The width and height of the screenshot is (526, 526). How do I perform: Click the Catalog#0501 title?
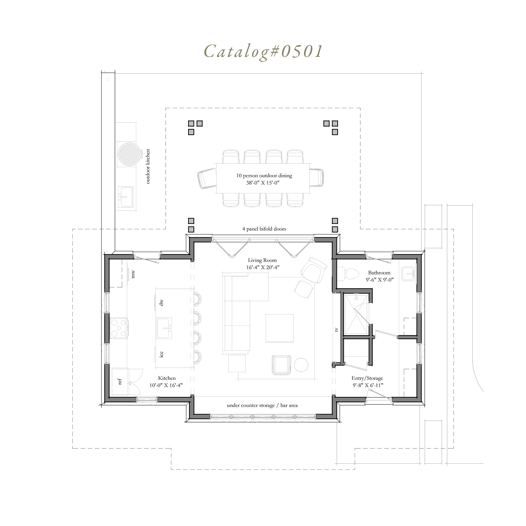click(x=263, y=51)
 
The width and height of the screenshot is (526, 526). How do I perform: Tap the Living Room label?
click(x=262, y=261)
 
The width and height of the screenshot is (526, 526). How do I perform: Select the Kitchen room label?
click(x=167, y=378)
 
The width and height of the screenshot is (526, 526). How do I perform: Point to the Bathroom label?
click(x=379, y=273)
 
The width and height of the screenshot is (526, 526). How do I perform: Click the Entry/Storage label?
click(x=367, y=378)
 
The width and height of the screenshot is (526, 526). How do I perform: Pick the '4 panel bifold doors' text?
click(x=264, y=229)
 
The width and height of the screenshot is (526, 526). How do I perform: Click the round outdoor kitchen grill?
click(x=129, y=154)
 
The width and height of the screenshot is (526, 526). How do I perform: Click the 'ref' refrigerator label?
click(x=119, y=381)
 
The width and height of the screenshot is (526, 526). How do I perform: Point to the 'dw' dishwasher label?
click(x=161, y=303)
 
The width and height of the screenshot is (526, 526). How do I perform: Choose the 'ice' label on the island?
click(x=161, y=354)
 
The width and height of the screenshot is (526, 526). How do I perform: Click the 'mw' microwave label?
click(x=133, y=274)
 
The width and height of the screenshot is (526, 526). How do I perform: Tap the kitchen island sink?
click(x=164, y=328)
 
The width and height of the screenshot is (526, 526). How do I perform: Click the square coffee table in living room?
click(x=280, y=328)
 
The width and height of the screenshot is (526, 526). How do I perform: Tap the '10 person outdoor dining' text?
click(x=264, y=176)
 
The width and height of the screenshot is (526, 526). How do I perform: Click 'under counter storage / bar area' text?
click(x=262, y=405)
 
